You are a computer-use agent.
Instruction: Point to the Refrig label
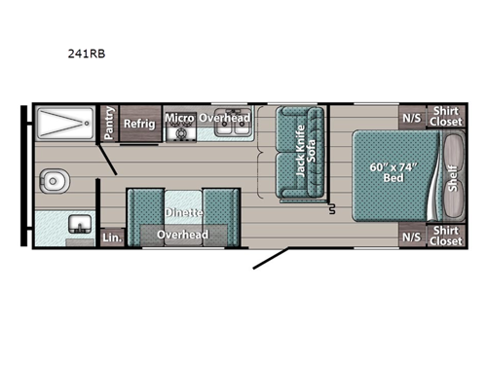tap(139, 123)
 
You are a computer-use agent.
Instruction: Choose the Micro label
tap(178, 119)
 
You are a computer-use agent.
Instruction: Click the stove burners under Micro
tap(178, 133)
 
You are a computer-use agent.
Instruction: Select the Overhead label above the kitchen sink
tap(225, 118)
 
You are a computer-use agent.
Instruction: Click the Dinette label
tap(183, 211)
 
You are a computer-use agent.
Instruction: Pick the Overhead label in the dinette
tap(183, 235)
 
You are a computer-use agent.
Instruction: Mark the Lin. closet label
tap(112, 236)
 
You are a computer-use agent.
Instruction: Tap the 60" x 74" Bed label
tap(393, 174)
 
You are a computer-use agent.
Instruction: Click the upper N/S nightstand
tap(412, 118)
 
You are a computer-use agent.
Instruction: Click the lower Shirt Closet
tap(446, 235)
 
